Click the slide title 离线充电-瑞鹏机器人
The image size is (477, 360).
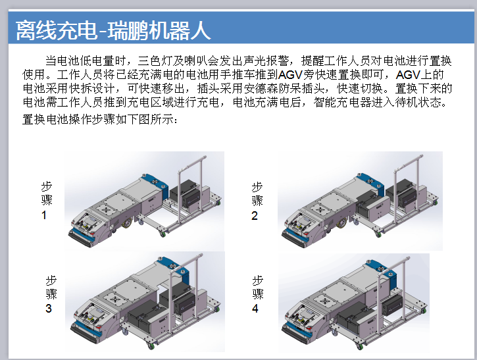coord(113,30)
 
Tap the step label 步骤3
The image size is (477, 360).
coord(51,293)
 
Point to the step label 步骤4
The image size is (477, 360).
coord(257,294)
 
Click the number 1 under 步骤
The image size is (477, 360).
coord(45,215)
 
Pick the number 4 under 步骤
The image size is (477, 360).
coord(256,309)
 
